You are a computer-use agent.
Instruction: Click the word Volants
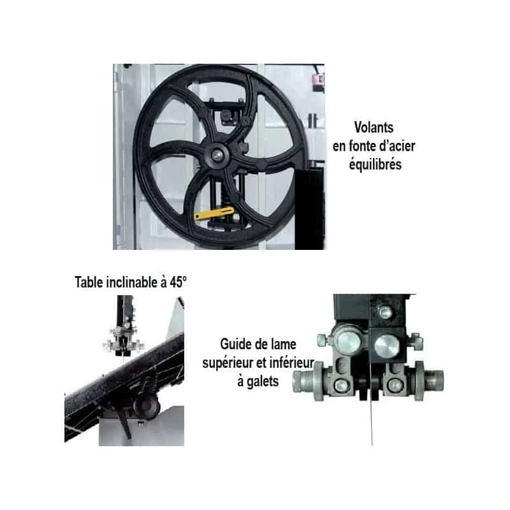[374, 127]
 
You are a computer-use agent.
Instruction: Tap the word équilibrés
[375, 164]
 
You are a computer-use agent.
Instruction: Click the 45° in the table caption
[178, 282]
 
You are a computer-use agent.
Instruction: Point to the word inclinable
[132, 282]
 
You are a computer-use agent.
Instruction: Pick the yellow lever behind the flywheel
[214, 213]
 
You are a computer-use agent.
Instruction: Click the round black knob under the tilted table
[146, 405]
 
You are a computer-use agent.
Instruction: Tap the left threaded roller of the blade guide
[307, 381]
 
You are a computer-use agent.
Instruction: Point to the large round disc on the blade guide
[387, 346]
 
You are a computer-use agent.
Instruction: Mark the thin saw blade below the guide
[371, 422]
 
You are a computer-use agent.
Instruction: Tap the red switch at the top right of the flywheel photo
[318, 78]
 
